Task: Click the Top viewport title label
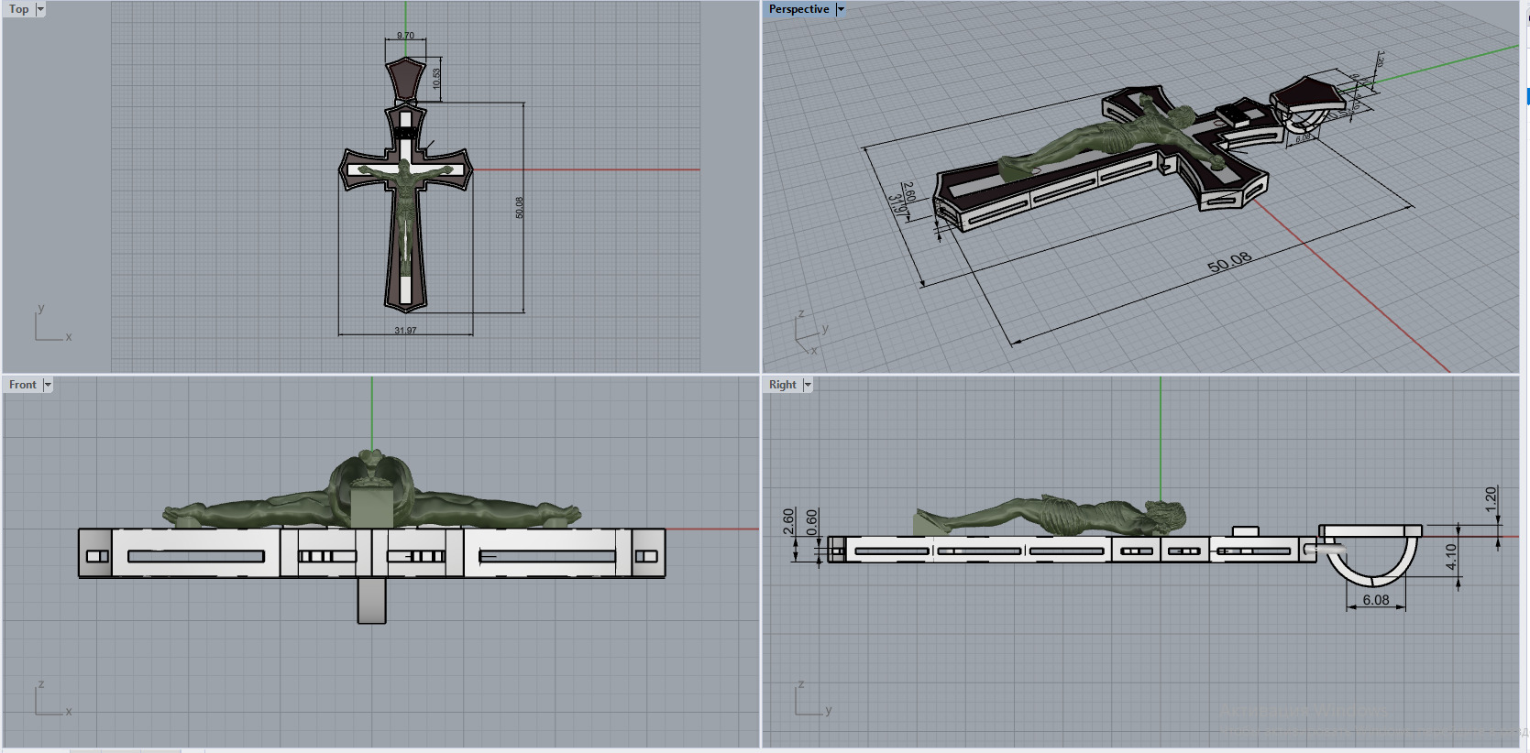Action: tap(18, 9)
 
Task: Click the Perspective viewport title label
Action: tap(798, 9)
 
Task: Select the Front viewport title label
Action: tap(23, 385)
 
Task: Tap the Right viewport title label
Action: tap(782, 385)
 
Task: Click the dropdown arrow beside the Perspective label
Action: tap(840, 9)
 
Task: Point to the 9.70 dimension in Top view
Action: tap(405, 36)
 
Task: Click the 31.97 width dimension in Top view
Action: tap(405, 331)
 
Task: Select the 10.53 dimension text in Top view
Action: tap(437, 79)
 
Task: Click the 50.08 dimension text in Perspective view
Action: tap(1228, 263)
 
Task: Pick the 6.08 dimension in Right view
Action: tap(1375, 600)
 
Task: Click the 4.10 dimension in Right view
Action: tap(1450, 556)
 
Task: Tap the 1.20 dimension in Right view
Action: tap(1491, 498)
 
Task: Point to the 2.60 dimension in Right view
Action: tap(788, 521)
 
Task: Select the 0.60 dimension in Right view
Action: tap(811, 521)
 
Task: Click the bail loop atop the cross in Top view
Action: tap(405, 79)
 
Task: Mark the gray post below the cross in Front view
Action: tap(371, 601)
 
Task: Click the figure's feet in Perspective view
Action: tap(1013, 168)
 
